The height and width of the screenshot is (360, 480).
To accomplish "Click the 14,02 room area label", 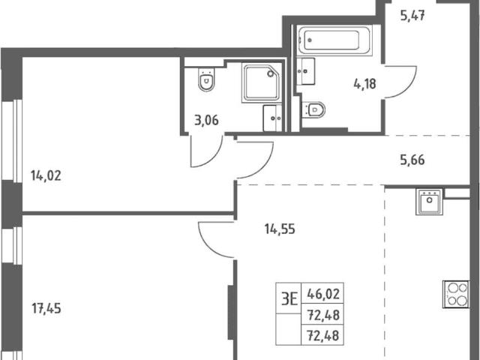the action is [x=46, y=175].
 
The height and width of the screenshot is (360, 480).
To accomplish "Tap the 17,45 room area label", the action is [x=46, y=308].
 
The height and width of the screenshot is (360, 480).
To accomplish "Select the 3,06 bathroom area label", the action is [x=207, y=120].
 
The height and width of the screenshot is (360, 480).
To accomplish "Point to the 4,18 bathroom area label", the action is [x=365, y=83].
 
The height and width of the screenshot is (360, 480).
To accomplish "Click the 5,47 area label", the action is [x=412, y=15].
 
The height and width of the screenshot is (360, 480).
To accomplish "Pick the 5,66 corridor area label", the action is [x=412, y=160].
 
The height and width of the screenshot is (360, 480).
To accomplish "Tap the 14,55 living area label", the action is [x=280, y=229].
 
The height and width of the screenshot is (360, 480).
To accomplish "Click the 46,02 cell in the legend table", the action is [x=323, y=294].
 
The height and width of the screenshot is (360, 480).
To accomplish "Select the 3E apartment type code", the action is [x=289, y=298].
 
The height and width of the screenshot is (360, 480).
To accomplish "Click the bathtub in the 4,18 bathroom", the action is [x=334, y=40].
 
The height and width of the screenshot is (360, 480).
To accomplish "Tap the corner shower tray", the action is [x=262, y=82].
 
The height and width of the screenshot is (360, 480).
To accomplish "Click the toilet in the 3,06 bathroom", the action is [x=206, y=79].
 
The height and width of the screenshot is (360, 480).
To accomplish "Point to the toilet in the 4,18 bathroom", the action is [x=313, y=109].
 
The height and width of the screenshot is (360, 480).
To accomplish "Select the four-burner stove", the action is [x=456, y=294].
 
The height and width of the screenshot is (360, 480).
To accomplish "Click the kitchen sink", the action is [x=429, y=202].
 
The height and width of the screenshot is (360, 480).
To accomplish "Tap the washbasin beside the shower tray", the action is [x=272, y=118].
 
